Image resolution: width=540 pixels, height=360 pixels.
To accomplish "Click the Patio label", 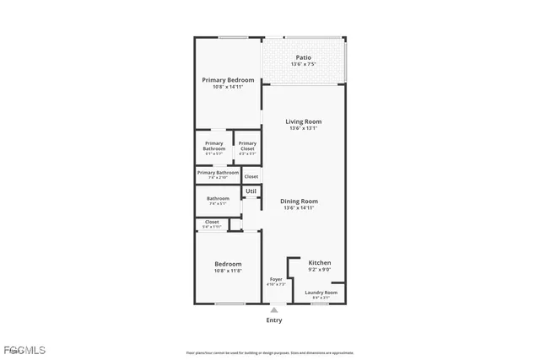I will [303, 57].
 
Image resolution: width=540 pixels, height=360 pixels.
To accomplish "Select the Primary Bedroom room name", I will [228, 80].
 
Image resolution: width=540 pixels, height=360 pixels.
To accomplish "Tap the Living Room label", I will [303, 121].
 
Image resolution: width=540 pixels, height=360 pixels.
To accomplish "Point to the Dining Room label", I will [299, 201].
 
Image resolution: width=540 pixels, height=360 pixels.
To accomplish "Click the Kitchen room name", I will [319, 262].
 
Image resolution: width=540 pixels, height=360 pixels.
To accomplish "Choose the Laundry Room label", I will [321, 292].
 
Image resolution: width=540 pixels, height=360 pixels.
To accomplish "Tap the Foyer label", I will [276, 279].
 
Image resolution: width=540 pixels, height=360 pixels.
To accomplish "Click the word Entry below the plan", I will [274, 320].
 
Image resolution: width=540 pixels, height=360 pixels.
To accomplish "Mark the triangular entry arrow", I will [274, 310].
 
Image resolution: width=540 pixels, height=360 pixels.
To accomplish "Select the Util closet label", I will [251, 192].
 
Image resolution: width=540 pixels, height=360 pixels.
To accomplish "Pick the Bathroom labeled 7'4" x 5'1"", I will [218, 199].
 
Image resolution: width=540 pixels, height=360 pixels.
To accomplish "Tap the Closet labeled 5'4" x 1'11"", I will [212, 223].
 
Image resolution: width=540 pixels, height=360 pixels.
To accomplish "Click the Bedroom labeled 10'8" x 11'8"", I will [228, 264].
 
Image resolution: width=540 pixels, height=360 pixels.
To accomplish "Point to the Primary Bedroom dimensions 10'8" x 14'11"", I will [228, 88].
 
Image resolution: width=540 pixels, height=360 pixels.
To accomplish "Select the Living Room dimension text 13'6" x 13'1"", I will [303, 129].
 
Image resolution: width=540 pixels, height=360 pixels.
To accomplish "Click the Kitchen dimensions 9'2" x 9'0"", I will [319, 270].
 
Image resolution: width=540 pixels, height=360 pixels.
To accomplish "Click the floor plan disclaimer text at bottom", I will [270, 353].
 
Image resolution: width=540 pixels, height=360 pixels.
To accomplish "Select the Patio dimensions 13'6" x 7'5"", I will [303, 65].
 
